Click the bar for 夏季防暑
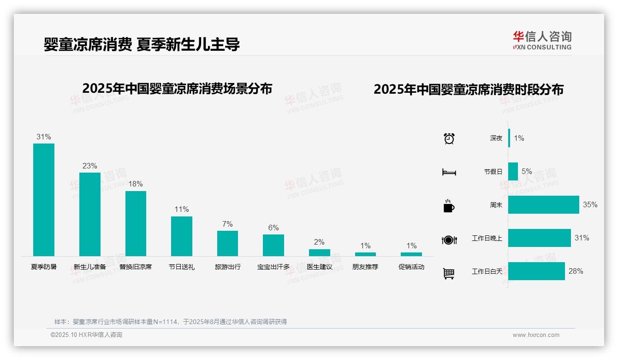click(x=44, y=200)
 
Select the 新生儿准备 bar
click(x=90, y=214)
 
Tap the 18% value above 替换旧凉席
click(x=136, y=184)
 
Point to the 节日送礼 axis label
click(x=181, y=267)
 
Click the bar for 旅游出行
click(x=227, y=243)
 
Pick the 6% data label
click(x=273, y=228)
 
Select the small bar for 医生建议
click(x=319, y=252)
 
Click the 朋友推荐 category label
click(x=365, y=267)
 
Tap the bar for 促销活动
click(x=411, y=254)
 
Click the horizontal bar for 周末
click(x=543, y=204)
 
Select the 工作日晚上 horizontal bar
click(x=539, y=238)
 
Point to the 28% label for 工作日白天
click(x=576, y=271)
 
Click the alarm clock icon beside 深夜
click(x=449, y=138)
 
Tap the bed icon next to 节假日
click(x=449, y=172)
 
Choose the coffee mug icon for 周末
click(x=449, y=206)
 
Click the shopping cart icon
click(x=449, y=274)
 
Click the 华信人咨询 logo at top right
click(x=542, y=40)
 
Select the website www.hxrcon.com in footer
click(x=536, y=335)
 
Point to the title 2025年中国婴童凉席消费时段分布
click(x=469, y=90)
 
